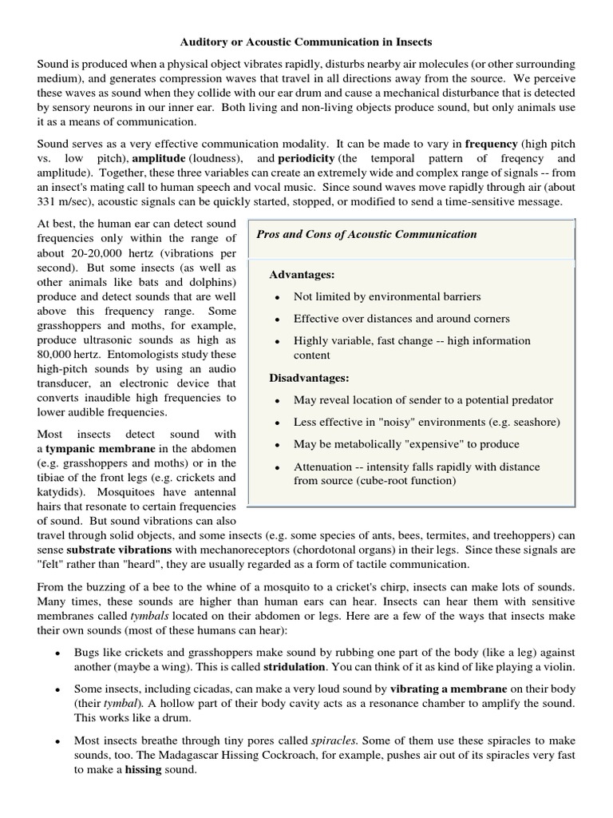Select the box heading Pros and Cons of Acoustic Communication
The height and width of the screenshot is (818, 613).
pyautogui.click(x=366, y=234)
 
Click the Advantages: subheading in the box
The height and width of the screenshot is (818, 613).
pyautogui.click(x=302, y=275)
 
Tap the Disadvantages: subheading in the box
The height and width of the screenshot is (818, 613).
pyautogui.click(x=310, y=378)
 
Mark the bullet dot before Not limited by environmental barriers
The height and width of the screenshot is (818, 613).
pyautogui.click(x=276, y=297)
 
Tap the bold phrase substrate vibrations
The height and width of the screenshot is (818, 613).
pyautogui.click(x=117, y=550)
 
